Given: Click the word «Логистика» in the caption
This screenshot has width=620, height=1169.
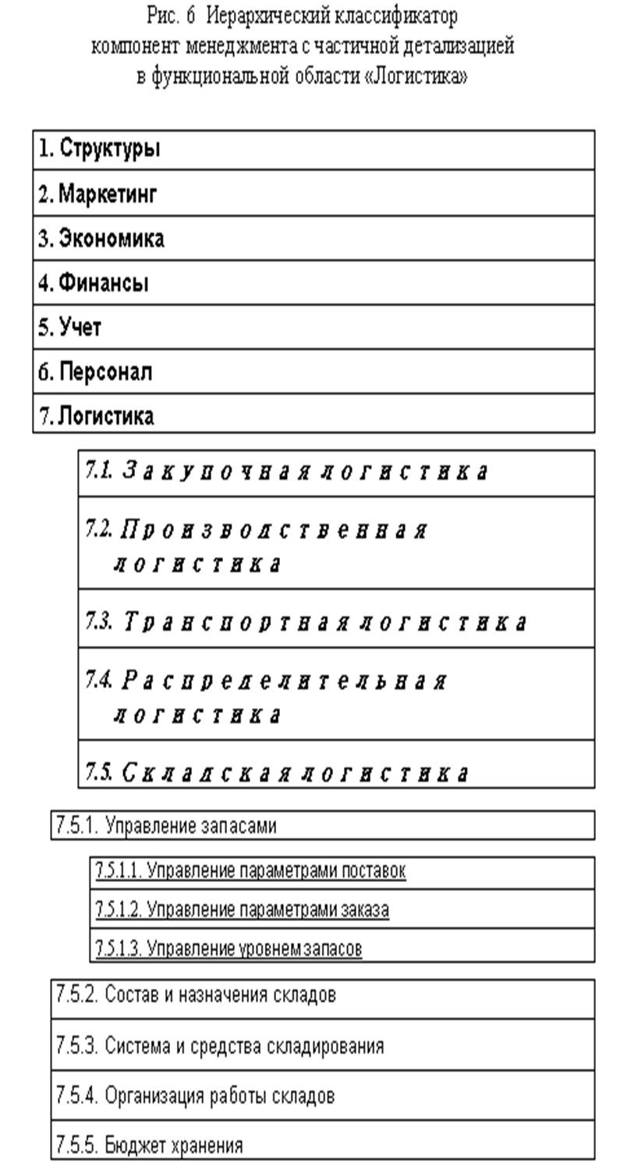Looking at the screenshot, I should point(416,79).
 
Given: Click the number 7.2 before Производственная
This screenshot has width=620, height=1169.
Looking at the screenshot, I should point(99,530).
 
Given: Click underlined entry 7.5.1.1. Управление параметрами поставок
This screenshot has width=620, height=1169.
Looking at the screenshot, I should point(250,871).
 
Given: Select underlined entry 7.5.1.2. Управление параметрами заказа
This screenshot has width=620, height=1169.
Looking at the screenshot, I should point(242,909).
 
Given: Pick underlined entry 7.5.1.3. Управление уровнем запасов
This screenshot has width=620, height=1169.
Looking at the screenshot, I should point(229,949).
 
